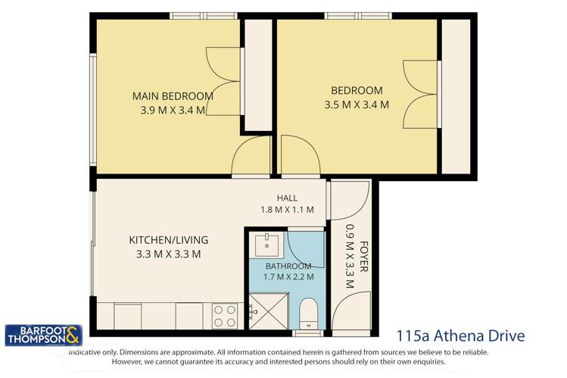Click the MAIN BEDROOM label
click(x=173, y=96)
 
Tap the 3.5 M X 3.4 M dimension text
click(x=357, y=105)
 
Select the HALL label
click(x=287, y=198)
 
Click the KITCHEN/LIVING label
click(x=169, y=240)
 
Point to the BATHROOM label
click(x=288, y=266)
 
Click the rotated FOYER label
click(x=364, y=257)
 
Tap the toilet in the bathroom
click(x=308, y=314)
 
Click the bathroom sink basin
click(x=267, y=245)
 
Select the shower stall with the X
click(x=269, y=311)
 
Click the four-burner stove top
click(x=225, y=315)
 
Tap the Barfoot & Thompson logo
click(x=43, y=336)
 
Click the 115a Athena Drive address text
click(x=461, y=336)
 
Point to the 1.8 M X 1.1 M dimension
click(x=287, y=209)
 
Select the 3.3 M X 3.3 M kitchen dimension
click(x=169, y=255)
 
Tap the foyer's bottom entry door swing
click(x=351, y=310)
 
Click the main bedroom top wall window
click(x=204, y=16)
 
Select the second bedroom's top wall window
click(x=358, y=16)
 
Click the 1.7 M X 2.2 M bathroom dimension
click(x=288, y=277)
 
